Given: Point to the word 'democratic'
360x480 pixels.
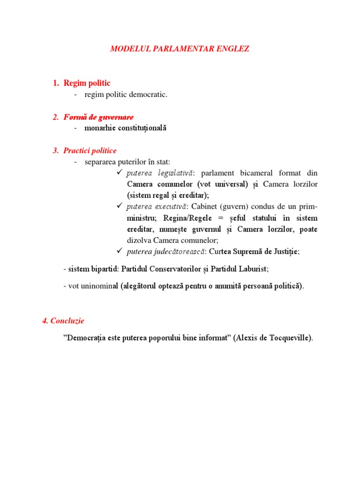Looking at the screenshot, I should click(x=150, y=95).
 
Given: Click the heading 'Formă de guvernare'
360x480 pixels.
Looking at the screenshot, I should click(x=98, y=117).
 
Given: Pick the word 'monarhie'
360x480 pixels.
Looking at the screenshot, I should click(x=100, y=128).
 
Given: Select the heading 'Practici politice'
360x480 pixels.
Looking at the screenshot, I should click(x=90, y=150).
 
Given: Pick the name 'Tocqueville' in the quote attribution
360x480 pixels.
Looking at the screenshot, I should click(x=289, y=338).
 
